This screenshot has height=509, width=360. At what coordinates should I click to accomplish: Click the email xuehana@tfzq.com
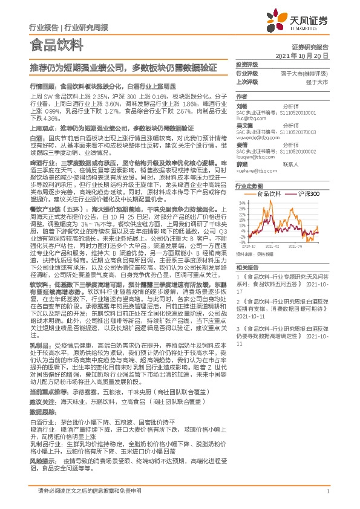(254, 172)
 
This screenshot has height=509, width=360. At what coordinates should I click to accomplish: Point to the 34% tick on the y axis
(241, 203)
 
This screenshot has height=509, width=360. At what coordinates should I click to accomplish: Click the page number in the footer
(327, 490)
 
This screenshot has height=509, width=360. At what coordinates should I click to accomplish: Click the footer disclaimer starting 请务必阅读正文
(90, 490)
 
